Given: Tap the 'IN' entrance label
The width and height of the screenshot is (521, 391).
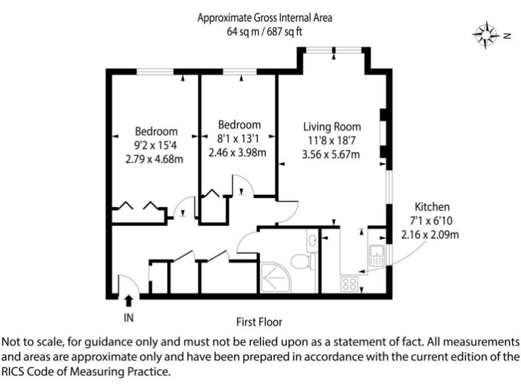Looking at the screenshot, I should (129, 317).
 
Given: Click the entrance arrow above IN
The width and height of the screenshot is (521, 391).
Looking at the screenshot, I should (129, 301).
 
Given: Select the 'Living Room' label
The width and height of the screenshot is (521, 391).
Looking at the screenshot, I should (332, 127).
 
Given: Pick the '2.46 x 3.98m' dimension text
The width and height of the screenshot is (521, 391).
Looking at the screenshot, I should (237, 152).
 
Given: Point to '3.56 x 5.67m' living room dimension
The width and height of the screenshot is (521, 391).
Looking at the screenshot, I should (331, 155).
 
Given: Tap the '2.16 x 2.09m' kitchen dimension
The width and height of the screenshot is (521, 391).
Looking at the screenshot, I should (431, 235).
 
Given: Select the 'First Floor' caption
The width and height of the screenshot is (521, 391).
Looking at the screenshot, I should (259, 322).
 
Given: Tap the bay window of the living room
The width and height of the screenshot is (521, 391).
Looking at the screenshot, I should (334, 51).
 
